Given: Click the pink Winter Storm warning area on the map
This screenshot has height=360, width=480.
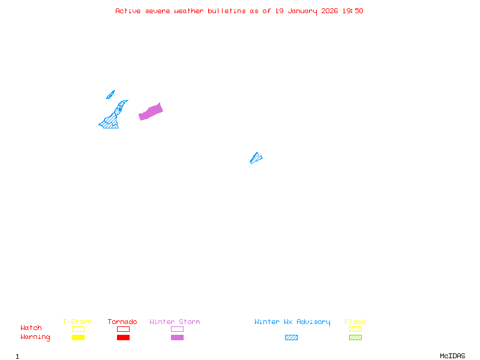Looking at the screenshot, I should click(x=151, y=112).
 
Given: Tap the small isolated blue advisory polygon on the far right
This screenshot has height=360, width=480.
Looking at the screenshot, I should click(x=256, y=158).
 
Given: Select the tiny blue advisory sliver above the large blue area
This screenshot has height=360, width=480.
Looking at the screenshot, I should click(x=110, y=95).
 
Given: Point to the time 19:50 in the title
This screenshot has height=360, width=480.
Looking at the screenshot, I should click(x=353, y=11).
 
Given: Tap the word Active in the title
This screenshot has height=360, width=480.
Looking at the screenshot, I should click(x=128, y=11).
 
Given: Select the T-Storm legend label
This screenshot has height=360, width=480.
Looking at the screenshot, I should click(x=77, y=322).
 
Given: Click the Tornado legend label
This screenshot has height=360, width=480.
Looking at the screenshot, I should click(x=122, y=322).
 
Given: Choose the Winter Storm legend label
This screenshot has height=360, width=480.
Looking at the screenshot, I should click(x=175, y=322).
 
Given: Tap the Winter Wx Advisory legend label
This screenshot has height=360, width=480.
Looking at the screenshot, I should click(x=292, y=322).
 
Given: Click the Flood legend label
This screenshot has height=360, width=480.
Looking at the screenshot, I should click(x=355, y=322).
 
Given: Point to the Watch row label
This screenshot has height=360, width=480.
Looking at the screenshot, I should click(x=31, y=328).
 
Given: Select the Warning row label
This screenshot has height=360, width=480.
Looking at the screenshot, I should click(x=35, y=337).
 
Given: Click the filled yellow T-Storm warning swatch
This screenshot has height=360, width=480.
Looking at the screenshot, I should click(x=78, y=338).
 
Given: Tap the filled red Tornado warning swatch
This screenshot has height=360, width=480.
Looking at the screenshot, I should click(x=123, y=338).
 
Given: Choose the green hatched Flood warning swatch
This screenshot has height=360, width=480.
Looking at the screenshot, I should click(x=355, y=338).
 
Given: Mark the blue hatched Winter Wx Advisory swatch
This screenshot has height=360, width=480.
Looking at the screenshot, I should click(x=291, y=338).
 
